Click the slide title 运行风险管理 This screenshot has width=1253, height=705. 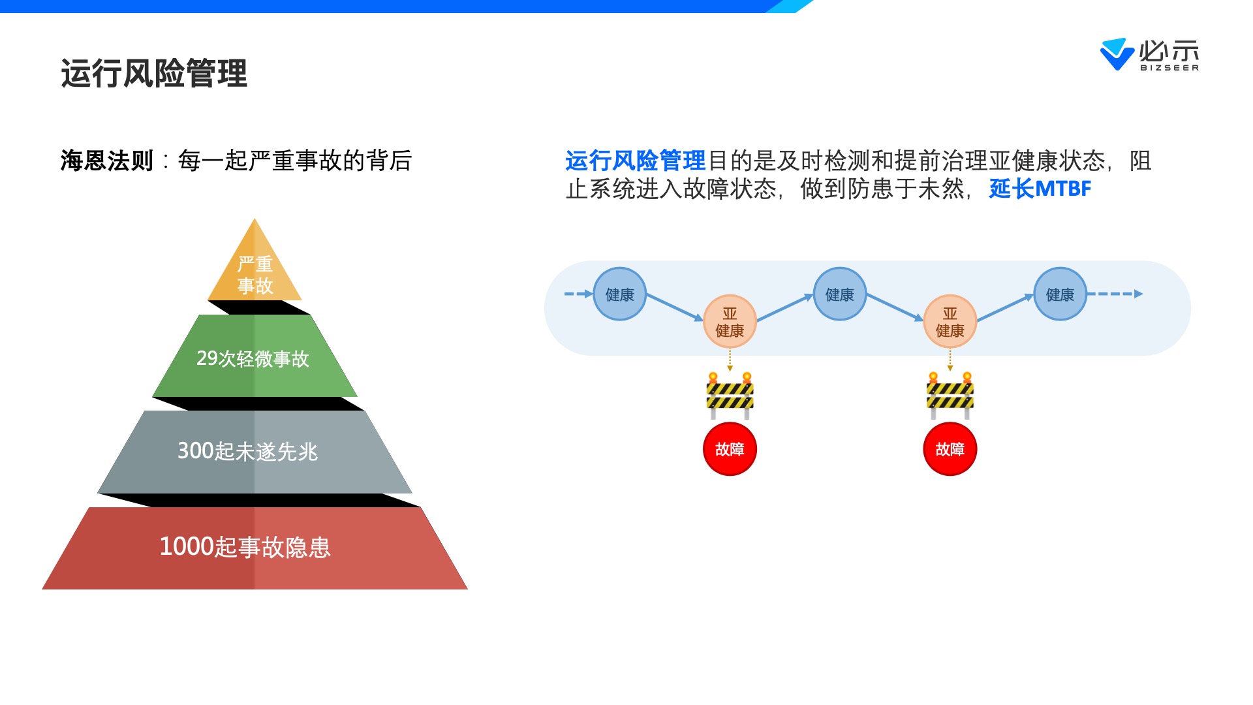pos(154,73)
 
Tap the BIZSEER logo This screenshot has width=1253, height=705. pos(1149,54)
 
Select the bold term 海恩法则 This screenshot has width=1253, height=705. pos(107,161)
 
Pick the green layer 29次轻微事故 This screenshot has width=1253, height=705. pos(255,358)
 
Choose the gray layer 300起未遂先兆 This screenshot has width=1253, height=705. pos(255,451)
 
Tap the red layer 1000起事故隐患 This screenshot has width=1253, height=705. pos(255,547)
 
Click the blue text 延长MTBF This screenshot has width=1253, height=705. pos(1040,189)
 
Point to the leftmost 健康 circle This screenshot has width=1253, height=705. pos(619,294)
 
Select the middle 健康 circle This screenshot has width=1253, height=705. pos(839,294)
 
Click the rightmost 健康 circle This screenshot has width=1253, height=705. pos(1060,294)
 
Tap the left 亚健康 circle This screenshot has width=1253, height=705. pos(730,322)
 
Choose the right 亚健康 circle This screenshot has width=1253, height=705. pos(950,322)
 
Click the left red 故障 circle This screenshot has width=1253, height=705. pos(730,449)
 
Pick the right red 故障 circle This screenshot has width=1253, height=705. pos(950,449)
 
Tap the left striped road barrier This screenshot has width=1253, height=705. pos(730,396)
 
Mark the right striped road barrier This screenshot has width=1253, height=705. pos(950,396)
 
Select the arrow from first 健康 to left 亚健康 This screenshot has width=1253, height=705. pos(674,307)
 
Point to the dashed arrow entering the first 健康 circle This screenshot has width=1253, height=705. pos(578,294)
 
